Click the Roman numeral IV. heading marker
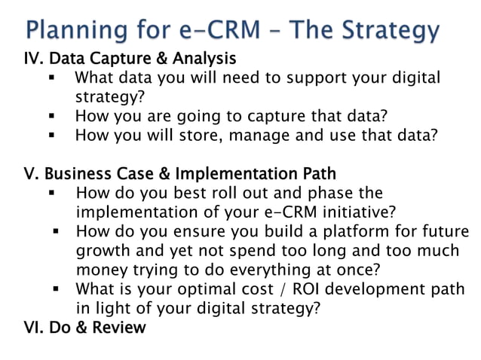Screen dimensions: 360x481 (35, 58)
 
